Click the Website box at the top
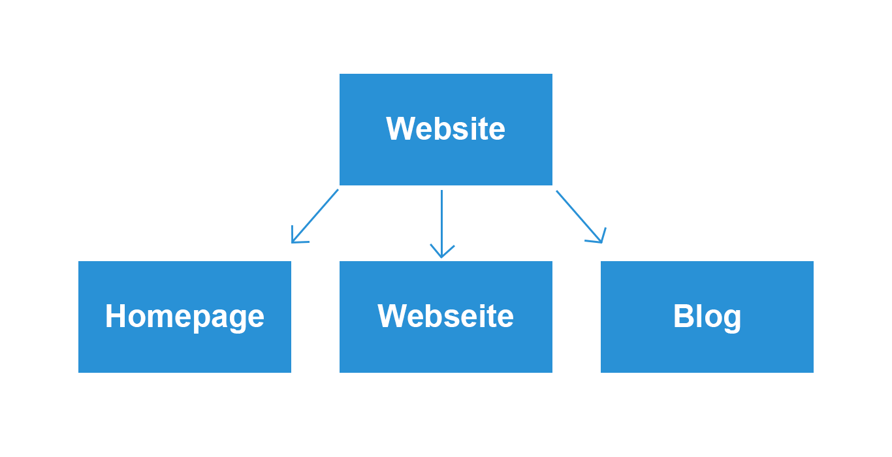tap(445, 129)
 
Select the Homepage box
tap(184, 317)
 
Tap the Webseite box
tap(445, 317)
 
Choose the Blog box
tap(707, 317)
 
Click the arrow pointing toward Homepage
tap(315, 216)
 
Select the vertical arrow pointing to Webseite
tap(441, 224)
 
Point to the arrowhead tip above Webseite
tap(441, 258)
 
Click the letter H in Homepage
tap(116, 316)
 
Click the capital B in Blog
tap(684, 316)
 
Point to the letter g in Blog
tap(731, 320)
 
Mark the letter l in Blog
tap(699, 316)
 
